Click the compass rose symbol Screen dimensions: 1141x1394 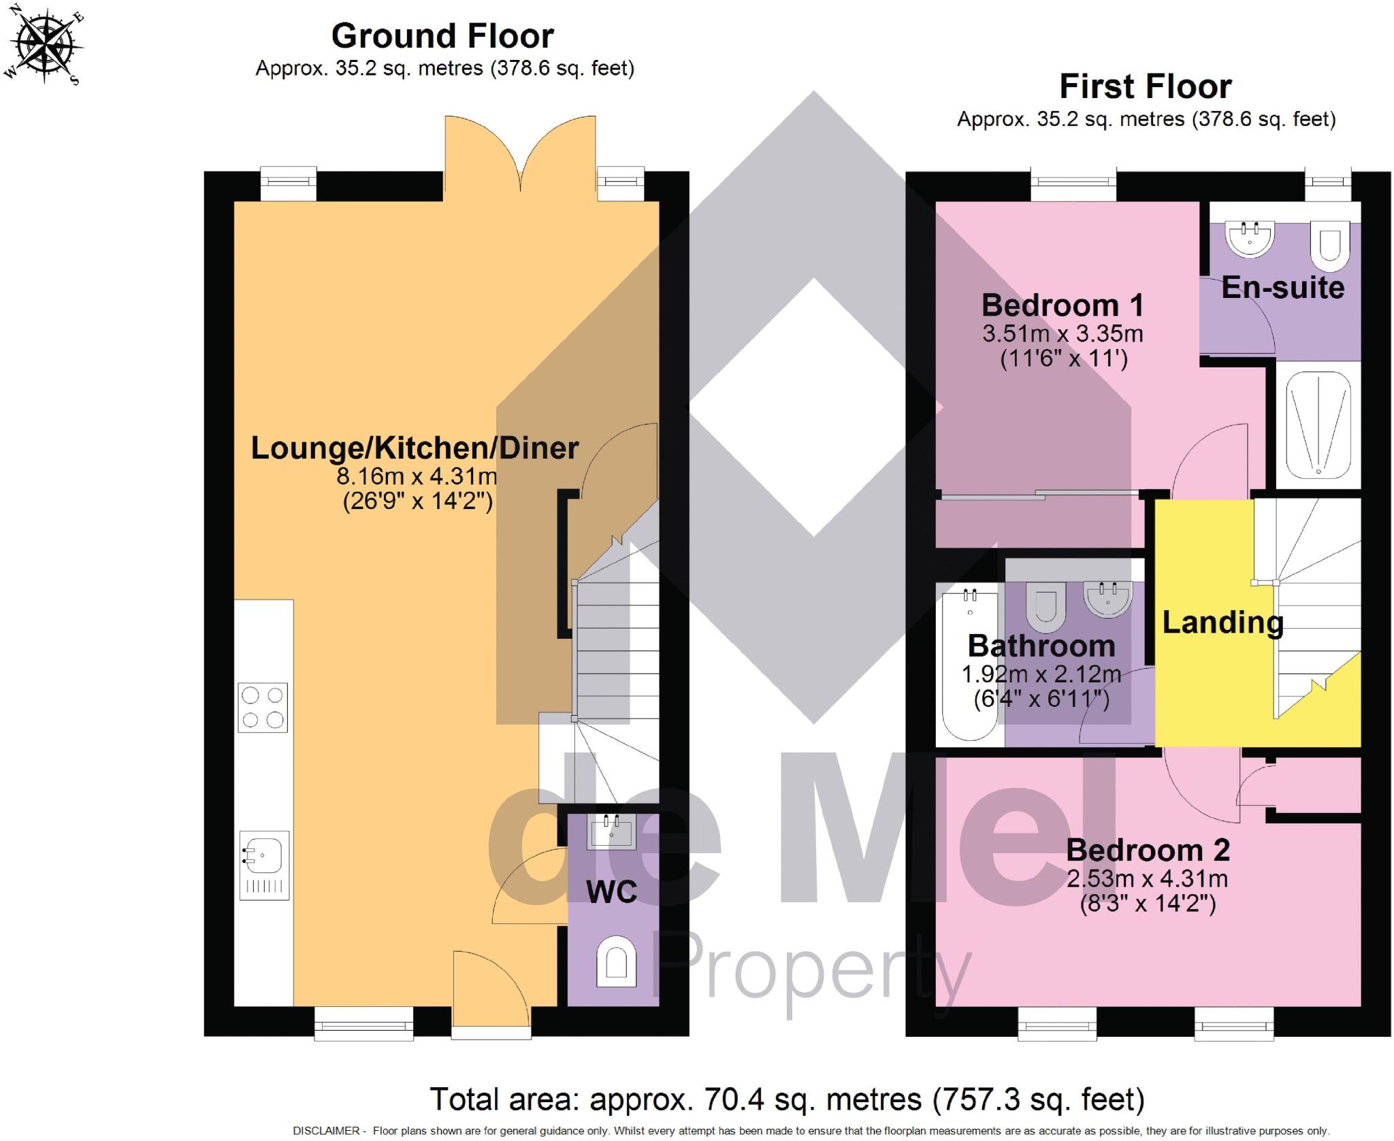click(x=46, y=45)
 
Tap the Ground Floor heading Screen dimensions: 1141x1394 click(x=442, y=36)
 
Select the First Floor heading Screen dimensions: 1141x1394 click(x=1146, y=87)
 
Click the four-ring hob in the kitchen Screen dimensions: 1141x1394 click(x=263, y=708)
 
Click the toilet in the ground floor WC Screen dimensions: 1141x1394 click(x=617, y=961)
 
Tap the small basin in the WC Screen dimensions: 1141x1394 click(x=612, y=831)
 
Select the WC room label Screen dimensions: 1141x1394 click(x=611, y=892)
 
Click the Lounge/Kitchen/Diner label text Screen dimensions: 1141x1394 click(x=415, y=448)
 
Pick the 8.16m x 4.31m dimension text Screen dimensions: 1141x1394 click(x=417, y=476)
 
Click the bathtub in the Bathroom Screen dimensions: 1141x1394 click(x=969, y=665)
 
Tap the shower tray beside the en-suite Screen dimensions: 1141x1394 click(x=1318, y=423)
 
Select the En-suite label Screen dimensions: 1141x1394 click(x=1282, y=287)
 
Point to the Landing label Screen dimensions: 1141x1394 click(x=1222, y=623)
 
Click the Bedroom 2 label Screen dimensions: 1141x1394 click(x=1148, y=850)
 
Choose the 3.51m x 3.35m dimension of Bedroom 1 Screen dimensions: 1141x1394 click(x=1063, y=334)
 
